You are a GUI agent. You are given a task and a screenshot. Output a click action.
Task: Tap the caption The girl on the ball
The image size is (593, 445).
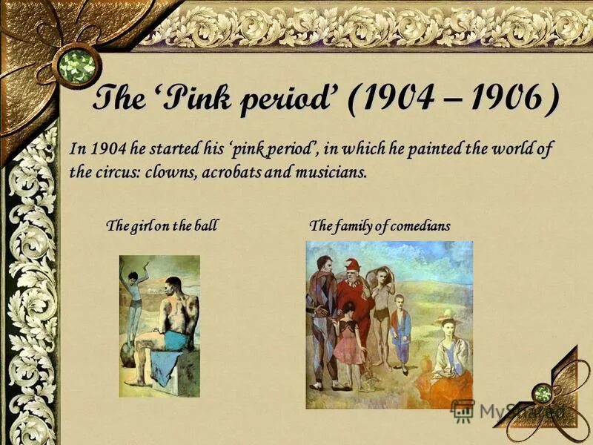(x=162, y=226)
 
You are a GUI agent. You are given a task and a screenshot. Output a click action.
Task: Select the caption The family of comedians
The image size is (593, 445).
(x=380, y=226)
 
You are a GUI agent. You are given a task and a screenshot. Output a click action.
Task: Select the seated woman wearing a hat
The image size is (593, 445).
(x=447, y=349)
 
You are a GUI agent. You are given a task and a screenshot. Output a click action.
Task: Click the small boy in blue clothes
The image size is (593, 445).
(x=400, y=330)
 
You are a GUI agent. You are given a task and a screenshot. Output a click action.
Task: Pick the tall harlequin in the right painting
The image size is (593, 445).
(x=323, y=311)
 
